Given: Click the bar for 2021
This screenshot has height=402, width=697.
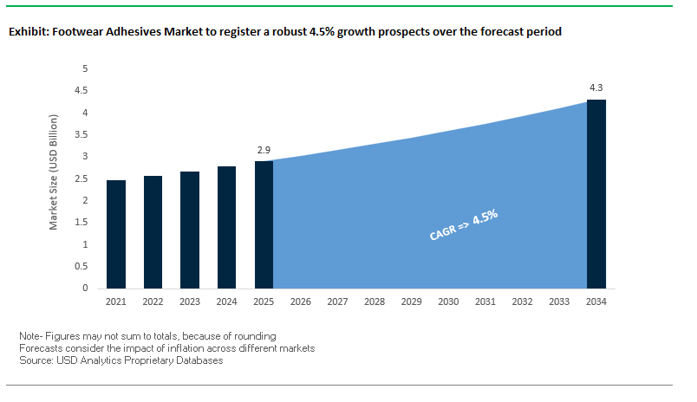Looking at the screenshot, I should coord(116,234).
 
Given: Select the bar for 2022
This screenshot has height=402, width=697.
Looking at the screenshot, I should coord(153,231).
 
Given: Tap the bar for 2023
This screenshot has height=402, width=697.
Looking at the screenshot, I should coord(190,230).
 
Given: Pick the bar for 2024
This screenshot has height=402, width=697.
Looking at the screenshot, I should coord(227,227).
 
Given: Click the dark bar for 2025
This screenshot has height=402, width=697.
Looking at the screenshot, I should coord(264,224).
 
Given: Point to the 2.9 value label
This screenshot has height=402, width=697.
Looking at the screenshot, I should coord(264,150).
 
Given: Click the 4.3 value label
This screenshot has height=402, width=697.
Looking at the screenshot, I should coord(596,88).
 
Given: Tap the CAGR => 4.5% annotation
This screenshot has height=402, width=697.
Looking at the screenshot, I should coord(464,224).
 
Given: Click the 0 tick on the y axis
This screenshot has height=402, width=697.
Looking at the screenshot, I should coord(85,289).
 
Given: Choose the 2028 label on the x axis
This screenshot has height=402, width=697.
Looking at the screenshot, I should coord(375,301).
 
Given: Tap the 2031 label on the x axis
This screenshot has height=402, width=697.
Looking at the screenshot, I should coord(485,301).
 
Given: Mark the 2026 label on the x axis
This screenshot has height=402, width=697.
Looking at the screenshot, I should coord(301,301).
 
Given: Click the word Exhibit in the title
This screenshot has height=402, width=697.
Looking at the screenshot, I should coord(29,32).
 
